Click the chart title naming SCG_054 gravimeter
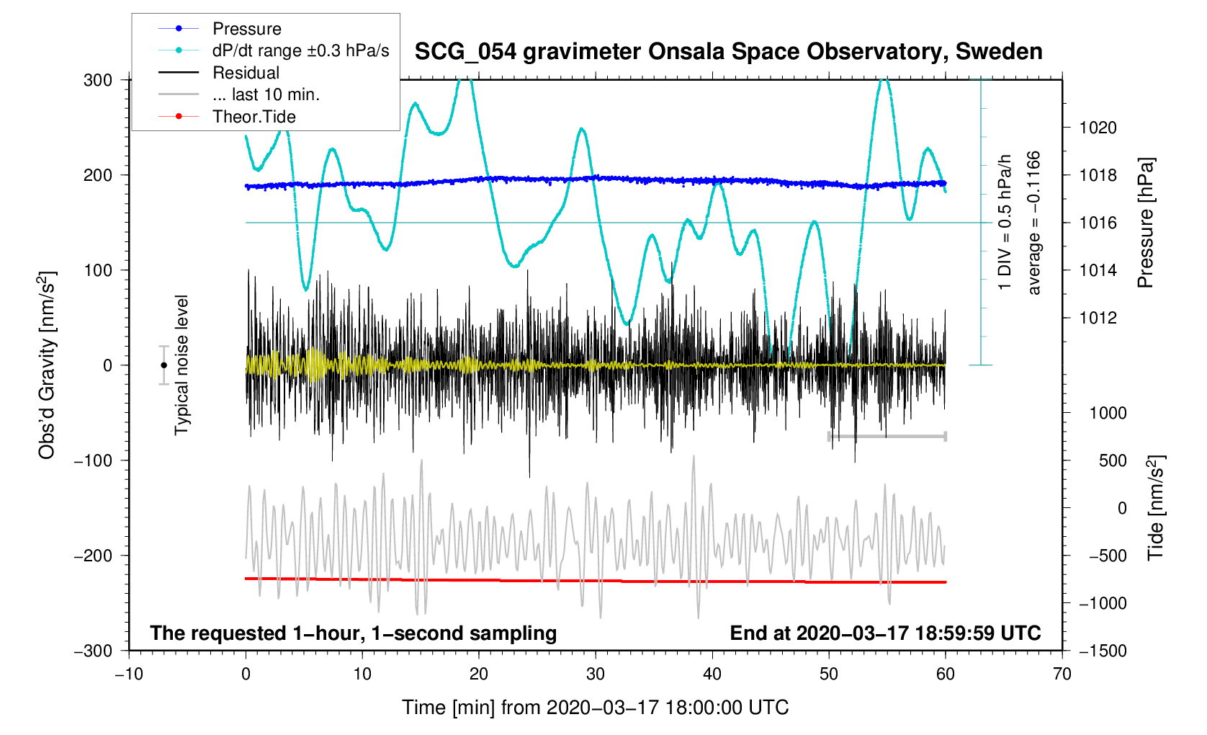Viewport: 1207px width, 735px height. click(x=728, y=52)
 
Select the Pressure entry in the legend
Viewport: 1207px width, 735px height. click(x=246, y=29)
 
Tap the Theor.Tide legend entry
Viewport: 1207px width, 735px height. click(x=253, y=117)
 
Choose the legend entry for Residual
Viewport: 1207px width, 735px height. click(x=246, y=73)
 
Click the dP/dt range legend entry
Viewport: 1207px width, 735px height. click(x=300, y=51)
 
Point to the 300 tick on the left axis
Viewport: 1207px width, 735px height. click(x=98, y=80)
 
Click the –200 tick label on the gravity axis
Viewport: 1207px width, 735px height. click(x=94, y=556)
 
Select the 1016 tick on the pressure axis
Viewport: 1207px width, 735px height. click(x=1098, y=223)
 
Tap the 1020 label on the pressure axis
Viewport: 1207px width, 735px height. click(x=1098, y=128)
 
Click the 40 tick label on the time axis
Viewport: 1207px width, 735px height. click(x=712, y=674)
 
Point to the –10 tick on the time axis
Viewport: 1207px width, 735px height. click(x=129, y=674)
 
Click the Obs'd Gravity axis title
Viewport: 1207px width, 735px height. click(x=47, y=365)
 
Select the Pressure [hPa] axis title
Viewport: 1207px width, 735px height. click(x=1145, y=223)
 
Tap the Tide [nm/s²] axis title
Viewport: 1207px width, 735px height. click(x=1155, y=508)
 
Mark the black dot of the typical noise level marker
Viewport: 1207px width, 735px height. click(x=163, y=365)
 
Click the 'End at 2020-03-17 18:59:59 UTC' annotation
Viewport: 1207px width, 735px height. click(x=885, y=633)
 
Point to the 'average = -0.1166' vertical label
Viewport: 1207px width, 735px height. click(x=1034, y=223)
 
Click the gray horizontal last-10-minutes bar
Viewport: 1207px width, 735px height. click(x=887, y=437)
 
